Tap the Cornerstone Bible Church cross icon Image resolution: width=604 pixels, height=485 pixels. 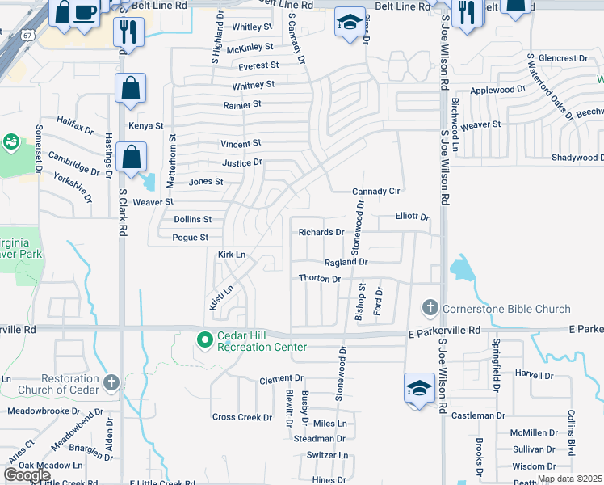point(430,308)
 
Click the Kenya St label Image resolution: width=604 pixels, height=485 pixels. point(146,126)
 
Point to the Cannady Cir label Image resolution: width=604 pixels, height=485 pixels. point(376,192)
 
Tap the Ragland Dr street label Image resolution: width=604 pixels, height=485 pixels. point(346,262)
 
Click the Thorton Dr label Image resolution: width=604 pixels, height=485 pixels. point(319,279)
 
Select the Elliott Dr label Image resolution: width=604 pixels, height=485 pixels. point(412,217)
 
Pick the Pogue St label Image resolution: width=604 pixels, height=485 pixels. point(191,238)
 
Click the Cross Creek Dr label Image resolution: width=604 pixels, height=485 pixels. point(242,417)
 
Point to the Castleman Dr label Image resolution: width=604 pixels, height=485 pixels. point(477,415)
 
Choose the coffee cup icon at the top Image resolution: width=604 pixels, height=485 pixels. point(84,12)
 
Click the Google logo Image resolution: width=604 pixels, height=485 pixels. point(27,475)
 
